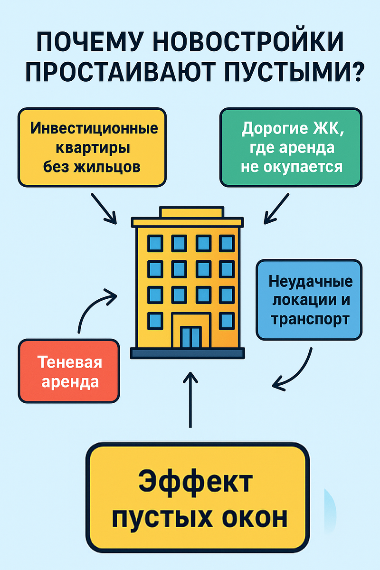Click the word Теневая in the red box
(69, 363)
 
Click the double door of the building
(191, 337)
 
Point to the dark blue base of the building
(188, 353)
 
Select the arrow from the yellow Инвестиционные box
(104, 208)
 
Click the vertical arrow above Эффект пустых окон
(190, 399)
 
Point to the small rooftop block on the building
(191, 212)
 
